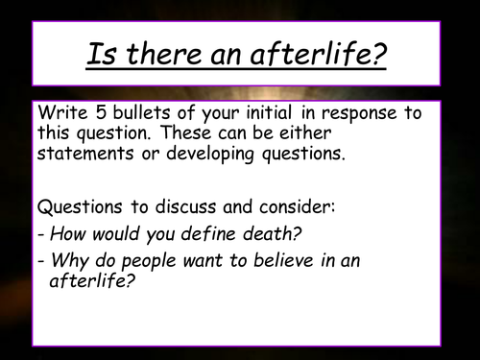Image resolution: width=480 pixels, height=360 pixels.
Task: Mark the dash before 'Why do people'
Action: click(x=39, y=259)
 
